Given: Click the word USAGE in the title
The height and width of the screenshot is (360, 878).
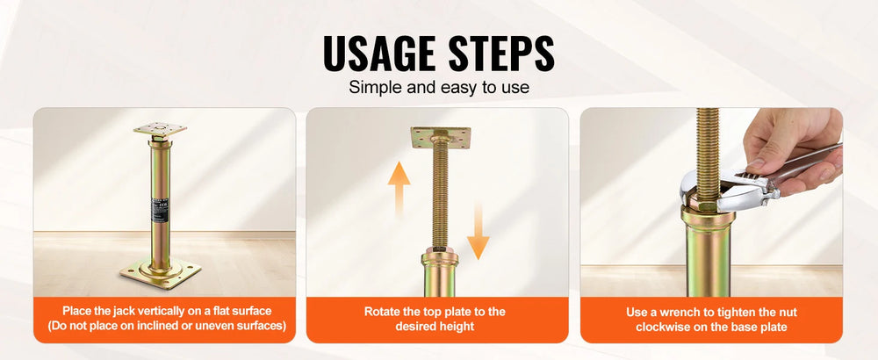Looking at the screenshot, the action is (x=380, y=54).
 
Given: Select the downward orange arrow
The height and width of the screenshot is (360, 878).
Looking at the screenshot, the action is (x=478, y=231).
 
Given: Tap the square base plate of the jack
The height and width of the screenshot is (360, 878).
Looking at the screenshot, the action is (x=160, y=273).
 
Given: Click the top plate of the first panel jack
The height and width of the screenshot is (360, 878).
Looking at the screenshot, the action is (x=160, y=129).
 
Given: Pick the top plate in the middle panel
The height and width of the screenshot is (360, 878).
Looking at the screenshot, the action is (x=441, y=137).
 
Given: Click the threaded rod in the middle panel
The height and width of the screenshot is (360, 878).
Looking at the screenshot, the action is (x=441, y=195).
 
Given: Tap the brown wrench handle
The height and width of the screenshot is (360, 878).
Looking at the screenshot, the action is (x=806, y=162).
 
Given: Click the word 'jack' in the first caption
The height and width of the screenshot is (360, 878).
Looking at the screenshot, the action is (x=119, y=312).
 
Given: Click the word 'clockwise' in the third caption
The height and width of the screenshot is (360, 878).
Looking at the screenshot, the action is (x=661, y=327).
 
